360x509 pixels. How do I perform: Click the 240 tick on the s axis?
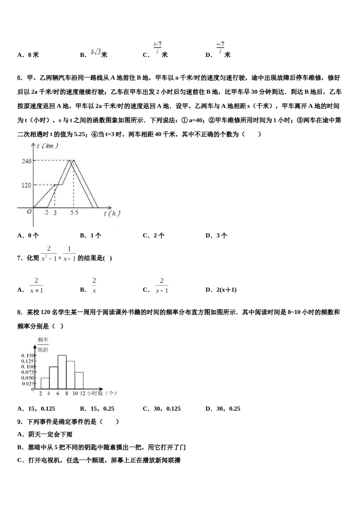[26, 161]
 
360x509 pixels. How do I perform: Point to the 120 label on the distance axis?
[26, 185]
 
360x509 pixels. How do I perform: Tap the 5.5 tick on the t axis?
[74, 213]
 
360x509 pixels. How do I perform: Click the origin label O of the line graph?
[29, 212]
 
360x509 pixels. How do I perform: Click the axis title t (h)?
[112, 214]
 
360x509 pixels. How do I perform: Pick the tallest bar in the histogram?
[62, 372]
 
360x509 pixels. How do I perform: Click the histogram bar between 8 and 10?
[70, 375]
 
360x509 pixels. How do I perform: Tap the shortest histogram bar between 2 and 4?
[45, 383]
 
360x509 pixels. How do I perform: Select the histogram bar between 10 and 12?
[79, 381]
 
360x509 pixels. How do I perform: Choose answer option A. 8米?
[28, 55]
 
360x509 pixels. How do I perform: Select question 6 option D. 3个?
[216, 236]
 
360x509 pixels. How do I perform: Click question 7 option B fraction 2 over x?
[94, 286]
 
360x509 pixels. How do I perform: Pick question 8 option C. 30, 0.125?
[162, 409]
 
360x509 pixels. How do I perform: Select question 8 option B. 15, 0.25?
[97, 409]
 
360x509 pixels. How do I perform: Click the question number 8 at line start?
[19, 312]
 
